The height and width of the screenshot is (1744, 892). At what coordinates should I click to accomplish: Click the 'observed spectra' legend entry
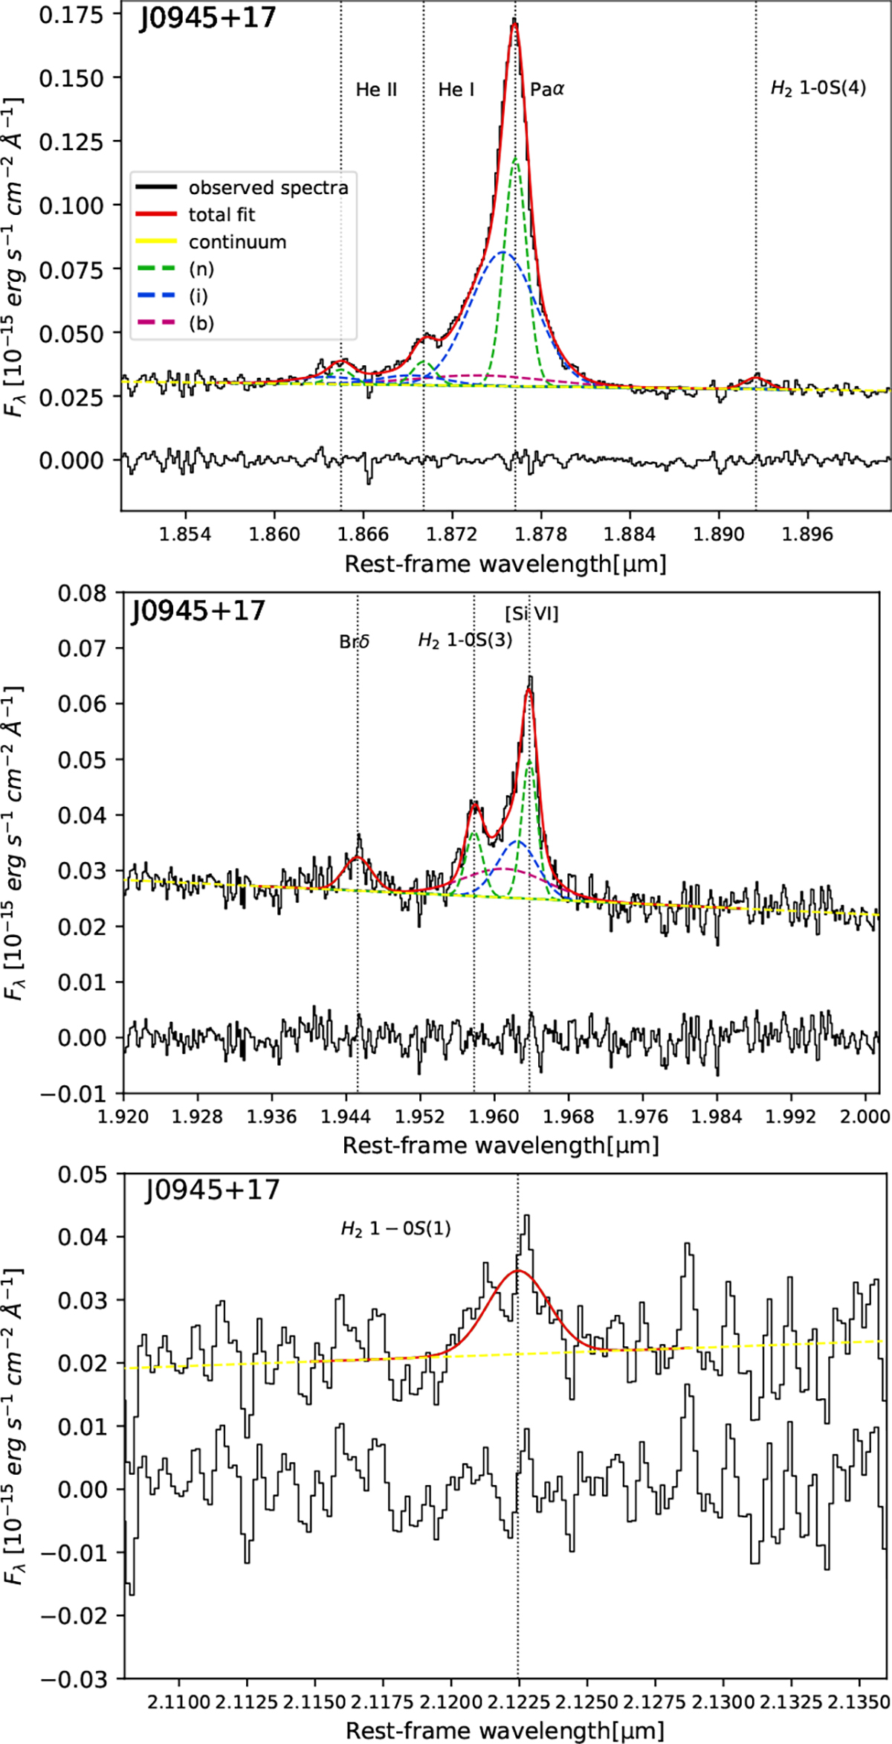click(268, 187)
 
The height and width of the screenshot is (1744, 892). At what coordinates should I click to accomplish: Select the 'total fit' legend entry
click(222, 215)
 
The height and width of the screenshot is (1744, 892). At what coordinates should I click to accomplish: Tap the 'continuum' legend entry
click(237, 242)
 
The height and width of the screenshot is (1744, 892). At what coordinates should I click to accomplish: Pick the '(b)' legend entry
click(201, 324)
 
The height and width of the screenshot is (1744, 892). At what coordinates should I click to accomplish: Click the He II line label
click(376, 90)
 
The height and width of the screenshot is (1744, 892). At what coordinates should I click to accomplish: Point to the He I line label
click(456, 90)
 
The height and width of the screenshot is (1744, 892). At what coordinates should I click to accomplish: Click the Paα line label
click(547, 90)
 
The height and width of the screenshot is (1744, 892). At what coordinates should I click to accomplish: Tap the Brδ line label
click(355, 642)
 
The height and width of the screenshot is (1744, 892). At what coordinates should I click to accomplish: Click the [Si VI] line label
click(531, 614)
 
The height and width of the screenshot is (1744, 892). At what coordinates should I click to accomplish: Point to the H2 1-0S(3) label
click(465, 640)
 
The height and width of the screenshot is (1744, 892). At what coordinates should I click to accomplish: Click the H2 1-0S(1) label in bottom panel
click(395, 1229)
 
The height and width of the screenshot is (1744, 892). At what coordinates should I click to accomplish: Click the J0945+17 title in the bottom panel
click(212, 1191)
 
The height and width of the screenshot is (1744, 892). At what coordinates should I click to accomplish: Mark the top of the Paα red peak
click(514, 23)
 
